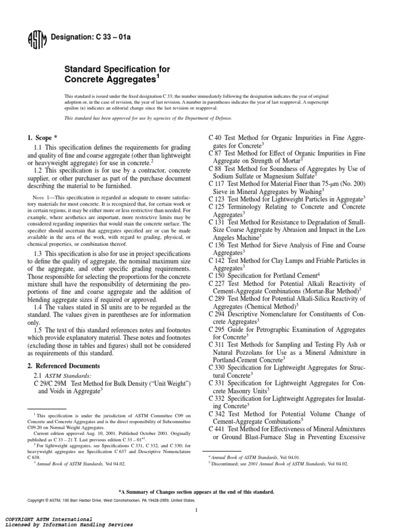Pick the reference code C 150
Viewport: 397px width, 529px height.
pyautogui.click(x=218, y=276)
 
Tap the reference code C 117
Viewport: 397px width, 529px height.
pyautogui.click(x=218, y=183)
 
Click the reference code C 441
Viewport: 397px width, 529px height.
pyautogui.click(x=218, y=429)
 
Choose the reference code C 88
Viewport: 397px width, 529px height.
pyautogui.click(x=217, y=168)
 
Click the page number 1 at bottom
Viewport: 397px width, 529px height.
pyautogui.click(x=198, y=510)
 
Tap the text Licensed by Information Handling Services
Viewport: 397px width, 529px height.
pyautogui.click(x=68, y=524)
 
